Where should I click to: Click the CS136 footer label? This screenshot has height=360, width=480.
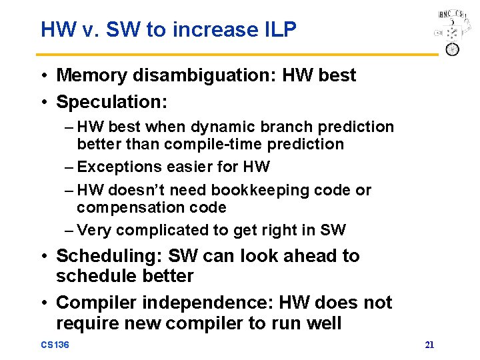pyautogui.click(x=55, y=345)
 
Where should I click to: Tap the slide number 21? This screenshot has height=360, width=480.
pyautogui.click(x=429, y=345)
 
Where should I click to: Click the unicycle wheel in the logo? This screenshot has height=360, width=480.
pyautogui.click(x=452, y=49)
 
